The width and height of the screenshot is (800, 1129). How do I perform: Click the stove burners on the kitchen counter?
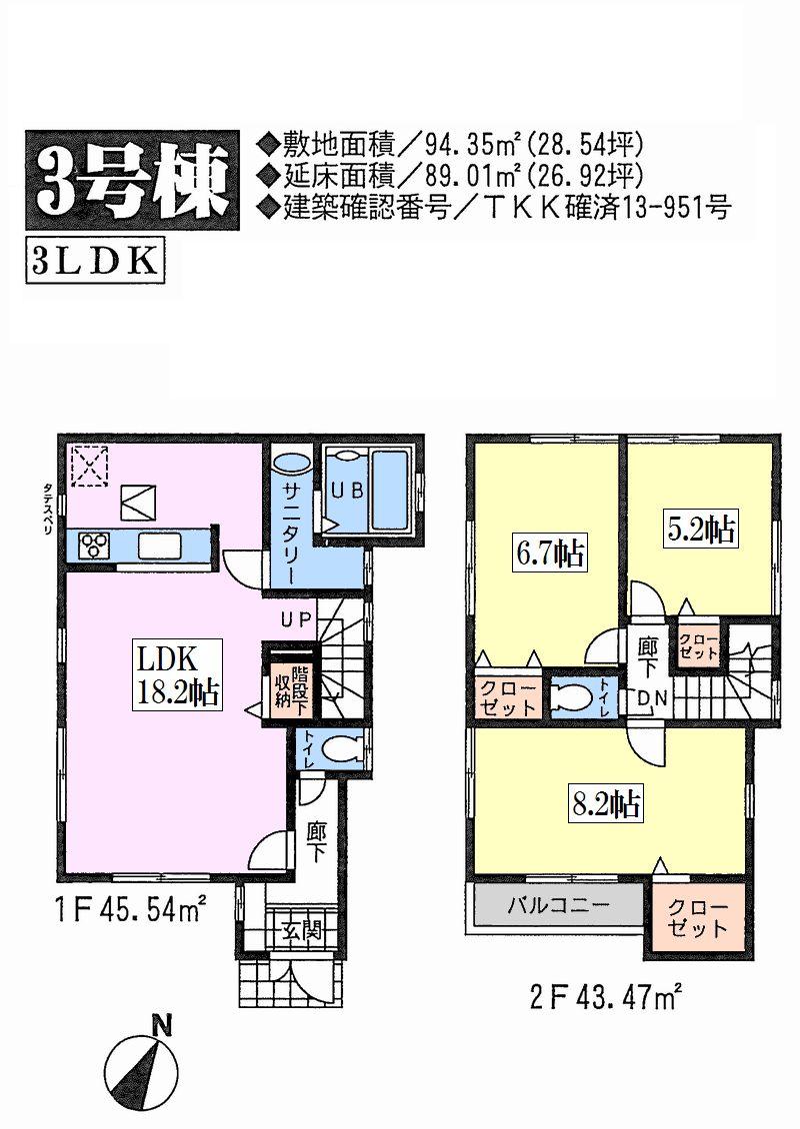96,546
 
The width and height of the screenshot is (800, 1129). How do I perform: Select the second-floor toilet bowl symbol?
573,697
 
